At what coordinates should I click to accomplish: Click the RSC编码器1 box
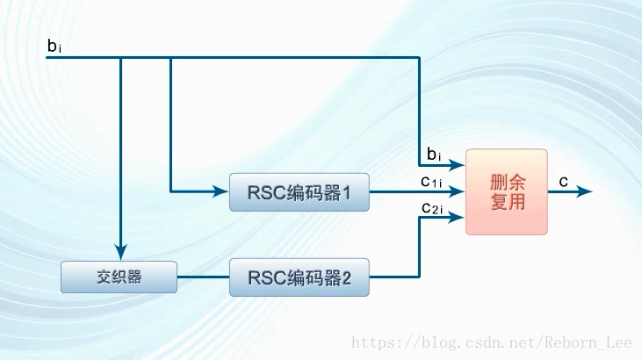tap(299, 192)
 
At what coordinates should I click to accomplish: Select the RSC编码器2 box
tap(299, 277)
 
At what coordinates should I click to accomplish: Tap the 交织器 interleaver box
tap(119, 277)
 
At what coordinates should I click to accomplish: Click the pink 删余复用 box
tap(507, 191)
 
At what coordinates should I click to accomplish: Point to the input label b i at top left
tap(54, 46)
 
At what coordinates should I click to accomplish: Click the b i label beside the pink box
tap(433, 155)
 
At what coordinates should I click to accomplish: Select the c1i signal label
tap(430, 182)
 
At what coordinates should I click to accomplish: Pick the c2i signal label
tap(430, 208)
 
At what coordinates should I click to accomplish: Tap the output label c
tap(563, 181)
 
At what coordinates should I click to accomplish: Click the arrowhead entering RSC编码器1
tap(221, 191)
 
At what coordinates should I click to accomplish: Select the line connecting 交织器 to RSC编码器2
tap(203, 277)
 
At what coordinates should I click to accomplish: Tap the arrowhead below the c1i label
tap(458, 191)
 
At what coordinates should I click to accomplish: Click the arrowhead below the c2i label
tap(458, 217)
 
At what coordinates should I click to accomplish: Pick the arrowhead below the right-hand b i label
tap(458, 165)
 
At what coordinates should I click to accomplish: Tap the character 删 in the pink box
tap(497, 182)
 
